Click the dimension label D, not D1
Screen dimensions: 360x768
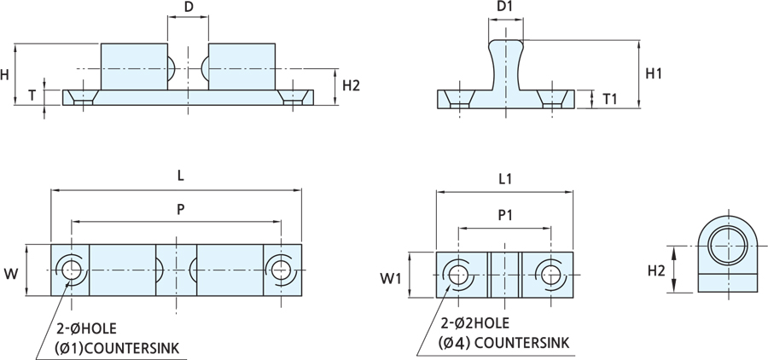pyautogui.click(x=189, y=8)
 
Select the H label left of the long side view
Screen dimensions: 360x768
pyautogui.click(x=5, y=74)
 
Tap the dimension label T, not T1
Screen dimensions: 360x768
pyautogui.click(x=32, y=95)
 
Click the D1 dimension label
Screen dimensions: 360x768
pyautogui.click(x=504, y=8)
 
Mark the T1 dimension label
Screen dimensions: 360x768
pyautogui.click(x=610, y=99)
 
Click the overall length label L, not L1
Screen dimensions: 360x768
pyautogui.click(x=180, y=175)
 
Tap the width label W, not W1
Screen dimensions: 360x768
pyautogui.click(x=11, y=274)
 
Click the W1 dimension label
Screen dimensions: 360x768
pyautogui.click(x=389, y=278)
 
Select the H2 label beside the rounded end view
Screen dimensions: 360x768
pyautogui.click(x=655, y=271)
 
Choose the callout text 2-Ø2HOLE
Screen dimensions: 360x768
pyautogui.click(x=476, y=324)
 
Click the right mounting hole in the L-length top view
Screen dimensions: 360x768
pyautogui.click(x=282, y=270)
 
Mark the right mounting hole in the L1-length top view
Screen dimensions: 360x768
pyautogui.click(x=549, y=274)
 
